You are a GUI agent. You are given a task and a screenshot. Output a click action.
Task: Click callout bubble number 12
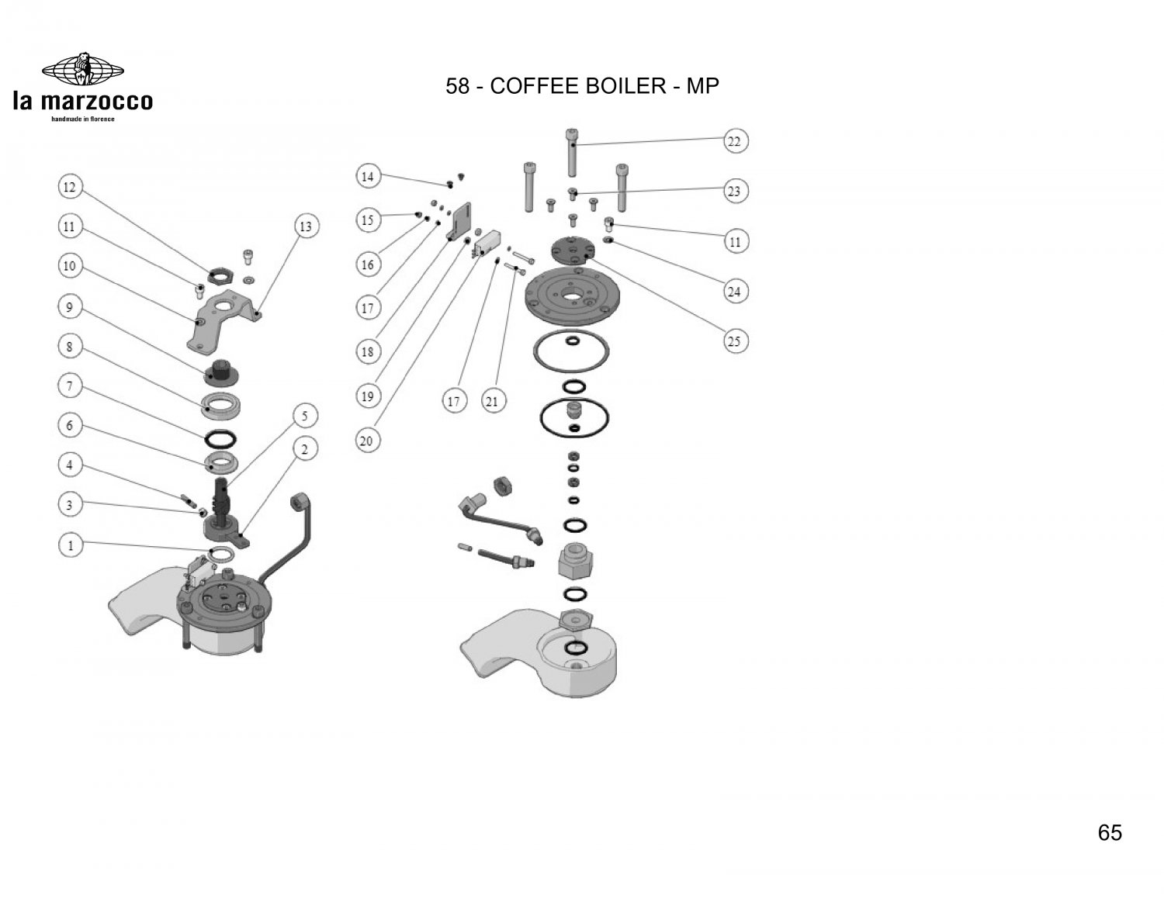tap(70, 187)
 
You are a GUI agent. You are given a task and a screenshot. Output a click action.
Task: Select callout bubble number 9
tap(70, 307)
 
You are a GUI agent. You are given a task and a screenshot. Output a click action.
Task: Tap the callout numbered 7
tap(70, 386)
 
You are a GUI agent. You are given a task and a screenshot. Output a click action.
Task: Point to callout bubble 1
tap(71, 545)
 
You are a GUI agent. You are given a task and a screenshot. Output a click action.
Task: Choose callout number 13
tap(306, 226)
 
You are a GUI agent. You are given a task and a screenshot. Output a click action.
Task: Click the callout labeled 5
tap(305, 417)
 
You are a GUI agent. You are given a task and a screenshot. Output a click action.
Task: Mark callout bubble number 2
tap(305, 449)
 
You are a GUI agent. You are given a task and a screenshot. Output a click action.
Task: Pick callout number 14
tap(368, 177)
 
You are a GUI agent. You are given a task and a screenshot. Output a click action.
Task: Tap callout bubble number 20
tap(367, 441)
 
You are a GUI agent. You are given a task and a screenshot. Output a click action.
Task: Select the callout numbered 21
tap(492, 401)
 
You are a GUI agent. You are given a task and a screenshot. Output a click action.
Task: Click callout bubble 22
tap(734, 141)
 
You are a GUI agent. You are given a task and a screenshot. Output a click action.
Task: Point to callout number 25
tap(734, 341)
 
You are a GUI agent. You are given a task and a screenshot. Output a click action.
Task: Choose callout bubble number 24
tap(734, 292)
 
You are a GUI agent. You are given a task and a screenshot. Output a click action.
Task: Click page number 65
tap(1110, 833)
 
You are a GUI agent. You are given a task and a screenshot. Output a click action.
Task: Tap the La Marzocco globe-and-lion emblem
tap(82, 68)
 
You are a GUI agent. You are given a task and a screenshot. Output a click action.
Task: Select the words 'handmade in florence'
tap(82, 119)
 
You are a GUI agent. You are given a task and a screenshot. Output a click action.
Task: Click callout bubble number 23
tap(734, 191)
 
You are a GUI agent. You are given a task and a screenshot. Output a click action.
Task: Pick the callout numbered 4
tap(70, 465)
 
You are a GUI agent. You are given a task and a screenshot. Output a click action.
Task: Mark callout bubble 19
tap(367, 396)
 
